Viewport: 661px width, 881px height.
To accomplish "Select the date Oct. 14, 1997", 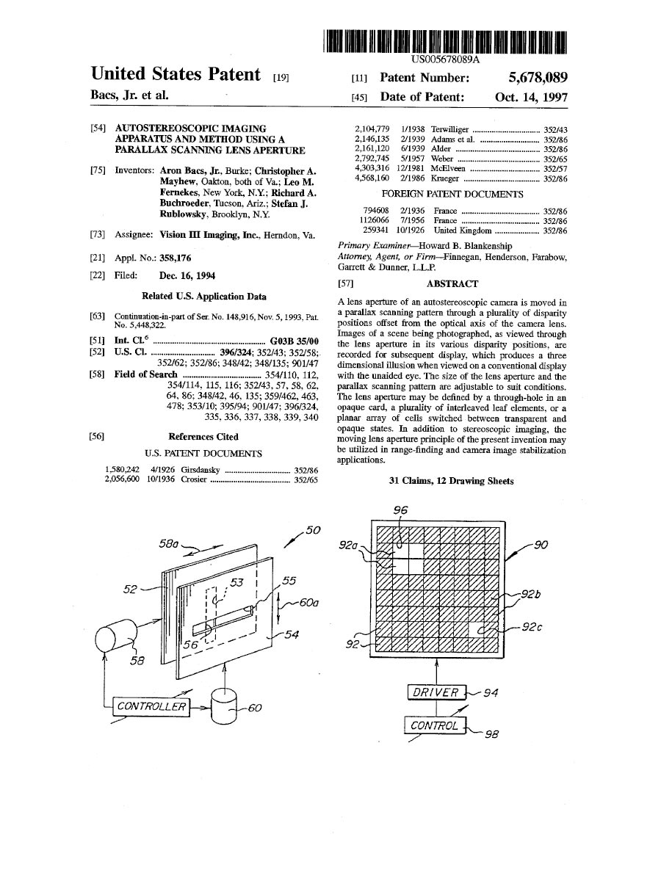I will pos(531,97).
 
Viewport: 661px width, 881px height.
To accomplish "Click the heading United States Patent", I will pos(176,74).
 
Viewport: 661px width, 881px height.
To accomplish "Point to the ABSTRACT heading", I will pos(452,283).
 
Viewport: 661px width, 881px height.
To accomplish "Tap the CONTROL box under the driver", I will pos(435,725).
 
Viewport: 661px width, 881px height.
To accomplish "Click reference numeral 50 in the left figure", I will pos(314,529).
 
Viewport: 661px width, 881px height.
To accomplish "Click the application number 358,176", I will pos(176,258).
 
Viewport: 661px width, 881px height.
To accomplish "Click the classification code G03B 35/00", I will pos(295,341).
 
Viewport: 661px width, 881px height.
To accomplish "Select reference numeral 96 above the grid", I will pos(400,510).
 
